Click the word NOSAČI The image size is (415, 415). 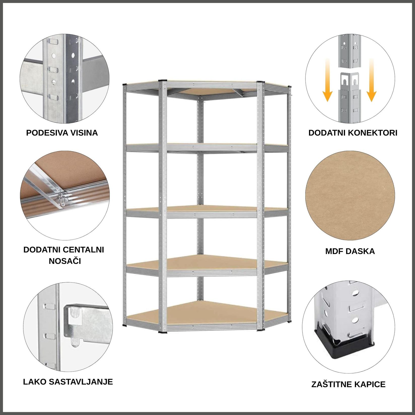tap(65, 261)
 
